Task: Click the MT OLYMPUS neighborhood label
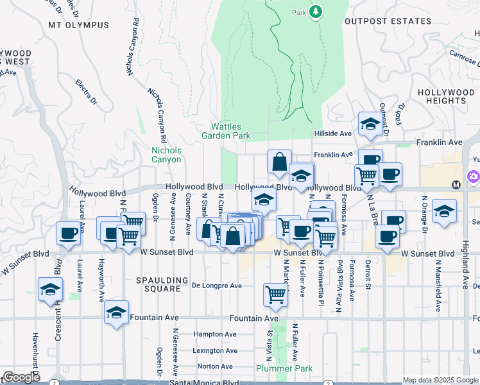pyautogui.click(x=78, y=25)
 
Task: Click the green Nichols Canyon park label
pyautogui.click(x=166, y=155)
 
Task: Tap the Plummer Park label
pyautogui.click(x=284, y=368)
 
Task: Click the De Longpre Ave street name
pyautogui.click(x=217, y=286)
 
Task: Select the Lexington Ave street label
pyautogui.click(x=216, y=350)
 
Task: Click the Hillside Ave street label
pyautogui.click(x=333, y=133)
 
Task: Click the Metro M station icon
pyautogui.click(x=456, y=185)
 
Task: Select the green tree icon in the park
pyautogui.click(x=315, y=12)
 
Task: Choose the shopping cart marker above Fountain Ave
pyautogui.click(x=275, y=295)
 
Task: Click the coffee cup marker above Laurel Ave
pyautogui.click(x=69, y=234)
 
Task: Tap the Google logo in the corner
pyautogui.click(x=21, y=377)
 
